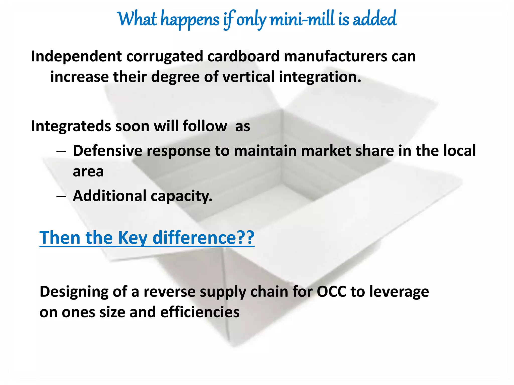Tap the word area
[x=88, y=172]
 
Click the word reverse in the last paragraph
[x=169, y=292]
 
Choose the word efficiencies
[x=200, y=312]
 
